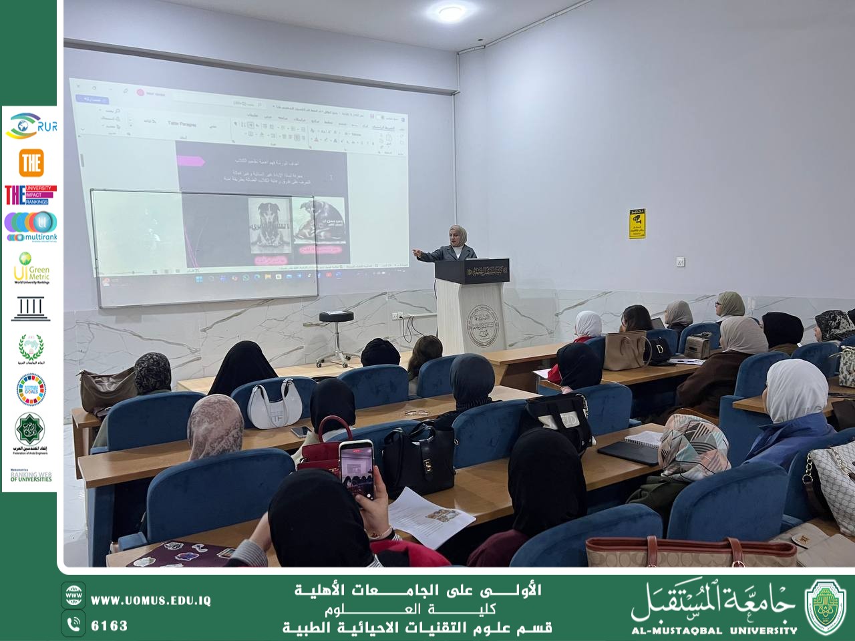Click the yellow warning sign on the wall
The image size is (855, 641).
click(x=637, y=224)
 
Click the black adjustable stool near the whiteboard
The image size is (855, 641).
click(x=335, y=337)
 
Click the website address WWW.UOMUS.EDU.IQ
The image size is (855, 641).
click(x=151, y=600)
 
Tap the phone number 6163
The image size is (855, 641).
click(x=109, y=626)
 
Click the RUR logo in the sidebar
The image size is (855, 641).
click(x=30, y=126)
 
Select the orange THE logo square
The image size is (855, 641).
click(x=31, y=162)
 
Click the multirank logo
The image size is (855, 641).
click(x=30, y=226)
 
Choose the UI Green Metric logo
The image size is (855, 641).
click(x=31, y=268)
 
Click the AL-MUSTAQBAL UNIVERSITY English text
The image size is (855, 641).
click(x=714, y=630)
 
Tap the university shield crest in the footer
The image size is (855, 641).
click(x=825, y=606)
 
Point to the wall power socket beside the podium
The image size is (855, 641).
click(x=681, y=261)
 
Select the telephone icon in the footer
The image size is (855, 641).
click(x=74, y=624)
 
